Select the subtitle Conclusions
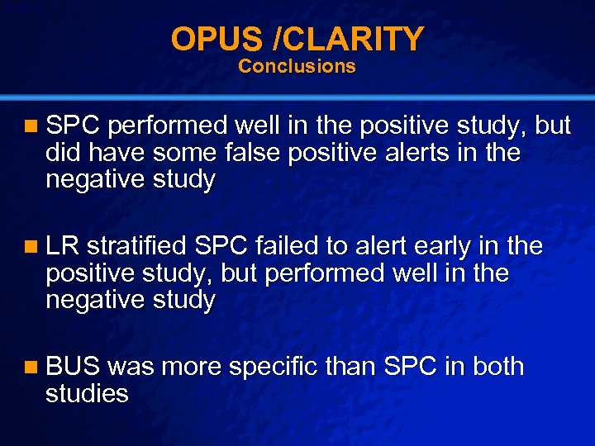[297, 66]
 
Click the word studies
[87, 393]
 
